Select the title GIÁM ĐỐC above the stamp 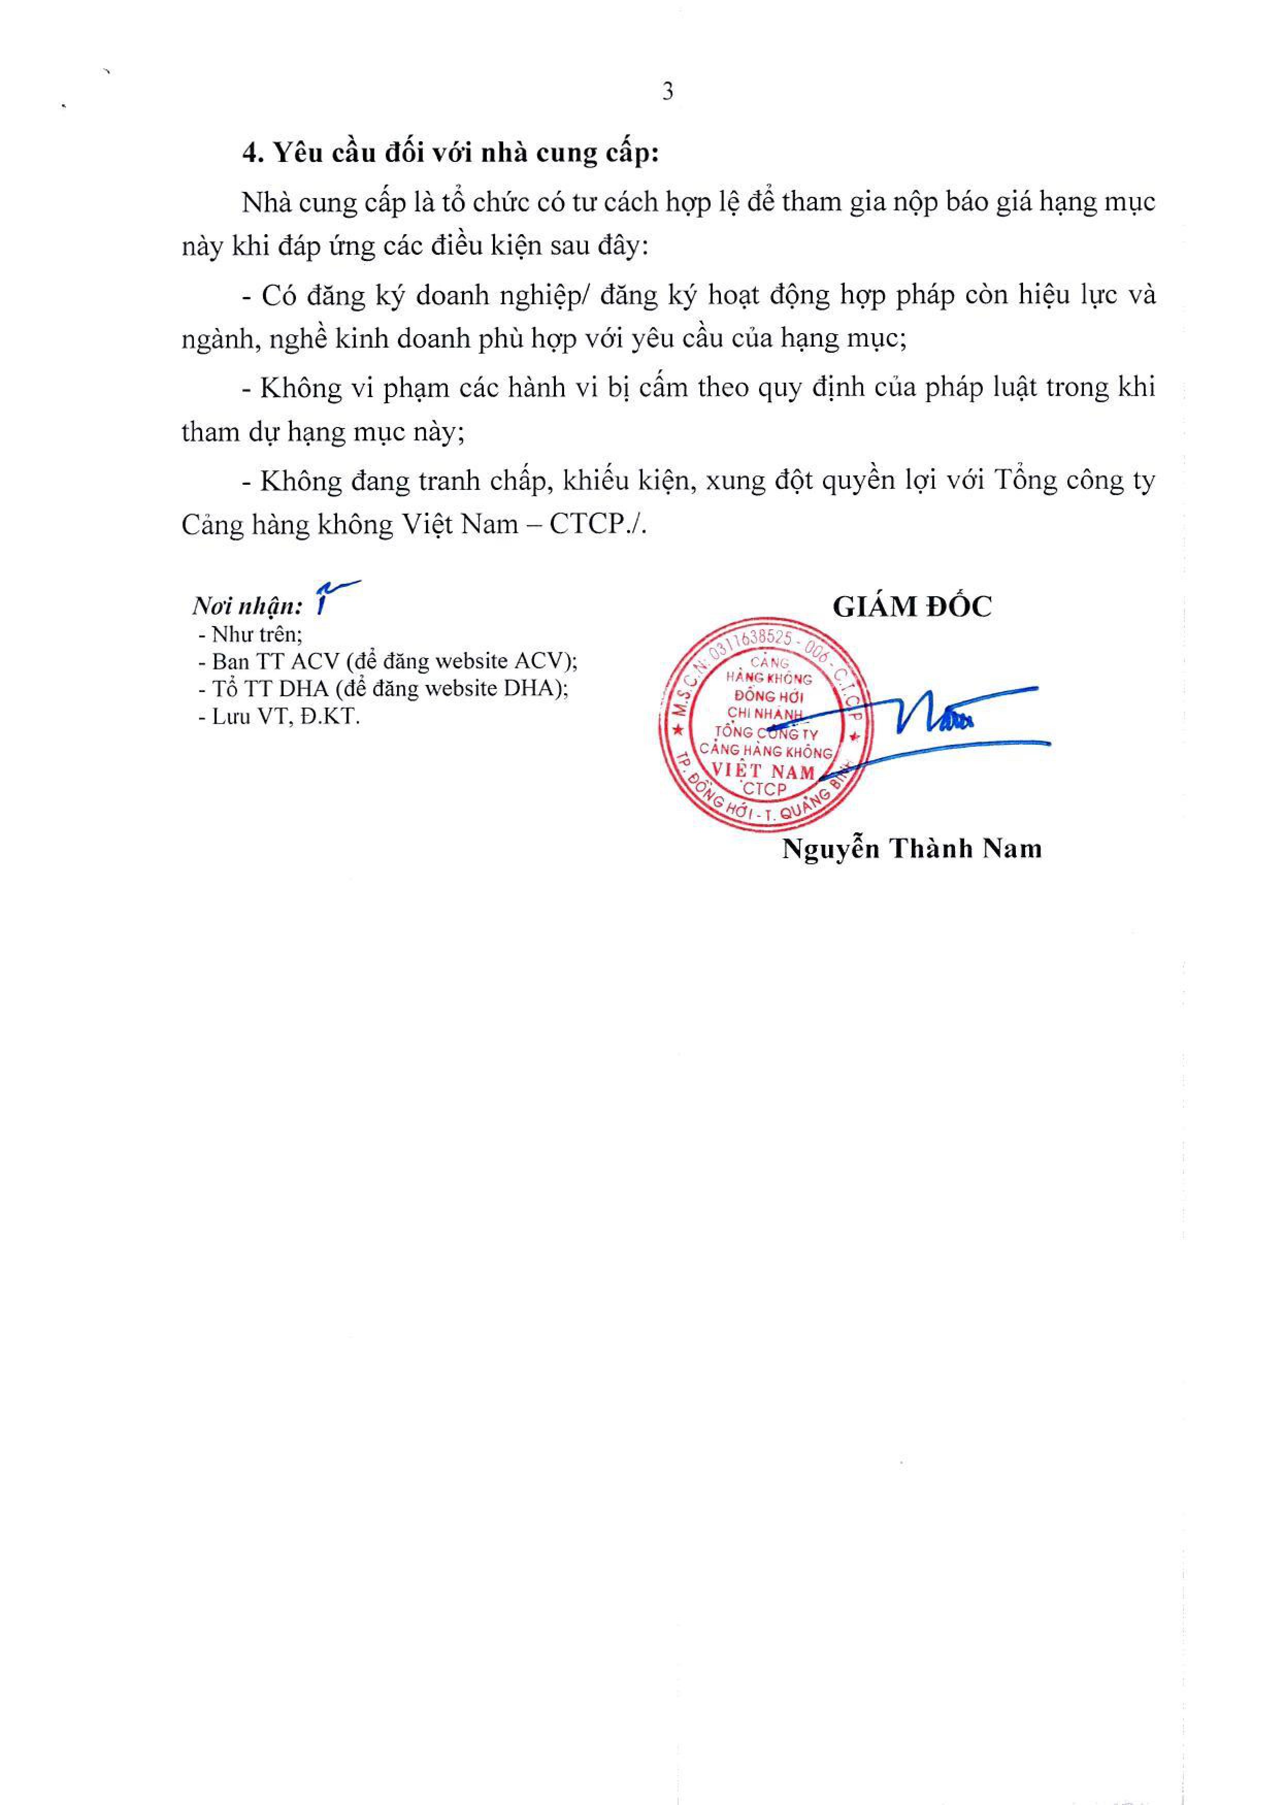coord(912,607)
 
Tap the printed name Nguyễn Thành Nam coord(912,849)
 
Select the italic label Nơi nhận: coord(247,607)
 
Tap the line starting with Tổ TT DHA coord(384,688)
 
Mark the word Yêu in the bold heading coord(294,154)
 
